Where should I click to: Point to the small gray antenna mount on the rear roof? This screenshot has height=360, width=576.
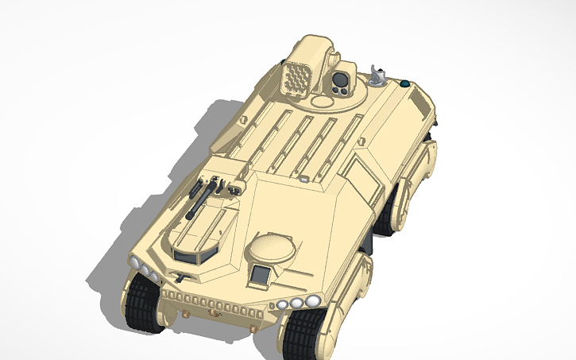[379, 76]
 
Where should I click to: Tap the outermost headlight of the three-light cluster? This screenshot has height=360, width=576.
[314, 300]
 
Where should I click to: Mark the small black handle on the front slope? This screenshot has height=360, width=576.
[181, 277]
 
